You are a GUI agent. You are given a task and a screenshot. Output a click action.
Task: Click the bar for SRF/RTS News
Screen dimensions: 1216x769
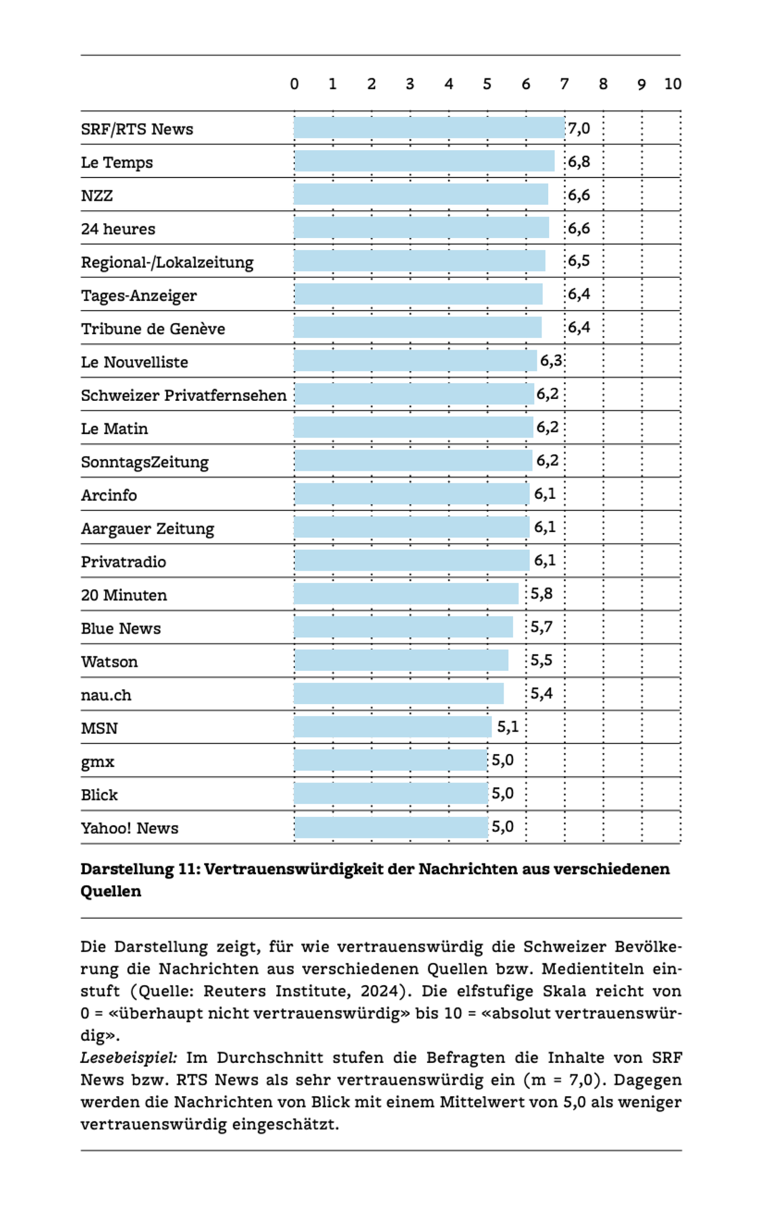(x=429, y=128)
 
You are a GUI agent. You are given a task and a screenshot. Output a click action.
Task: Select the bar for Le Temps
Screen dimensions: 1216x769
(x=424, y=161)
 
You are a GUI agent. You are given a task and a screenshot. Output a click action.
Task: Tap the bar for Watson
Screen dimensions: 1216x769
(x=401, y=661)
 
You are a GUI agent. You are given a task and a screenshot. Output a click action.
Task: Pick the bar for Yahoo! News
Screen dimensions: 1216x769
(x=391, y=827)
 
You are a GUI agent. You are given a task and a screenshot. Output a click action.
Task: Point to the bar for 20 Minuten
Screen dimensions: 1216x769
(x=406, y=594)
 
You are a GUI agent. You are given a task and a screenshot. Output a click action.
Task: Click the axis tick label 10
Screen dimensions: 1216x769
(x=672, y=84)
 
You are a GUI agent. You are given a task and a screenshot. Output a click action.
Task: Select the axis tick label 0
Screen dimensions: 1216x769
(x=294, y=84)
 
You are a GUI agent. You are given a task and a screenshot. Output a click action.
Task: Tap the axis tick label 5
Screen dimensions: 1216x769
(x=487, y=84)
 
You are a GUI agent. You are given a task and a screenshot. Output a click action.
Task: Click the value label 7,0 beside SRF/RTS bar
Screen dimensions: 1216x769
(x=579, y=128)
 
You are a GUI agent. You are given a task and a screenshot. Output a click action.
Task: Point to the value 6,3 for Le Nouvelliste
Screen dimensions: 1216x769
(x=550, y=360)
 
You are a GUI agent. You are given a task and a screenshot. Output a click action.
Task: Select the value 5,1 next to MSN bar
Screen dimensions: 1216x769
(x=508, y=727)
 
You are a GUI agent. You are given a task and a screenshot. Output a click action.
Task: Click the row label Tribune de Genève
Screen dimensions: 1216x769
(x=153, y=329)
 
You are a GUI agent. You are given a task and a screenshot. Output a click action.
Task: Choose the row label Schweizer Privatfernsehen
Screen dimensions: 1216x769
(x=183, y=395)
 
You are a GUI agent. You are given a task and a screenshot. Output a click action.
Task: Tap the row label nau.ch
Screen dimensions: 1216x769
(x=106, y=695)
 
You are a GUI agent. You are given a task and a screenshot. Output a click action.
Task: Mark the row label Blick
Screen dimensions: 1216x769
(x=99, y=794)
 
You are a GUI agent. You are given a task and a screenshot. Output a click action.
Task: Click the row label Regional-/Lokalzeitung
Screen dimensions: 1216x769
(x=167, y=262)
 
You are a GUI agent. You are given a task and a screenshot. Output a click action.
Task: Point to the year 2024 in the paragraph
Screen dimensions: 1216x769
(x=388, y=991)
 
